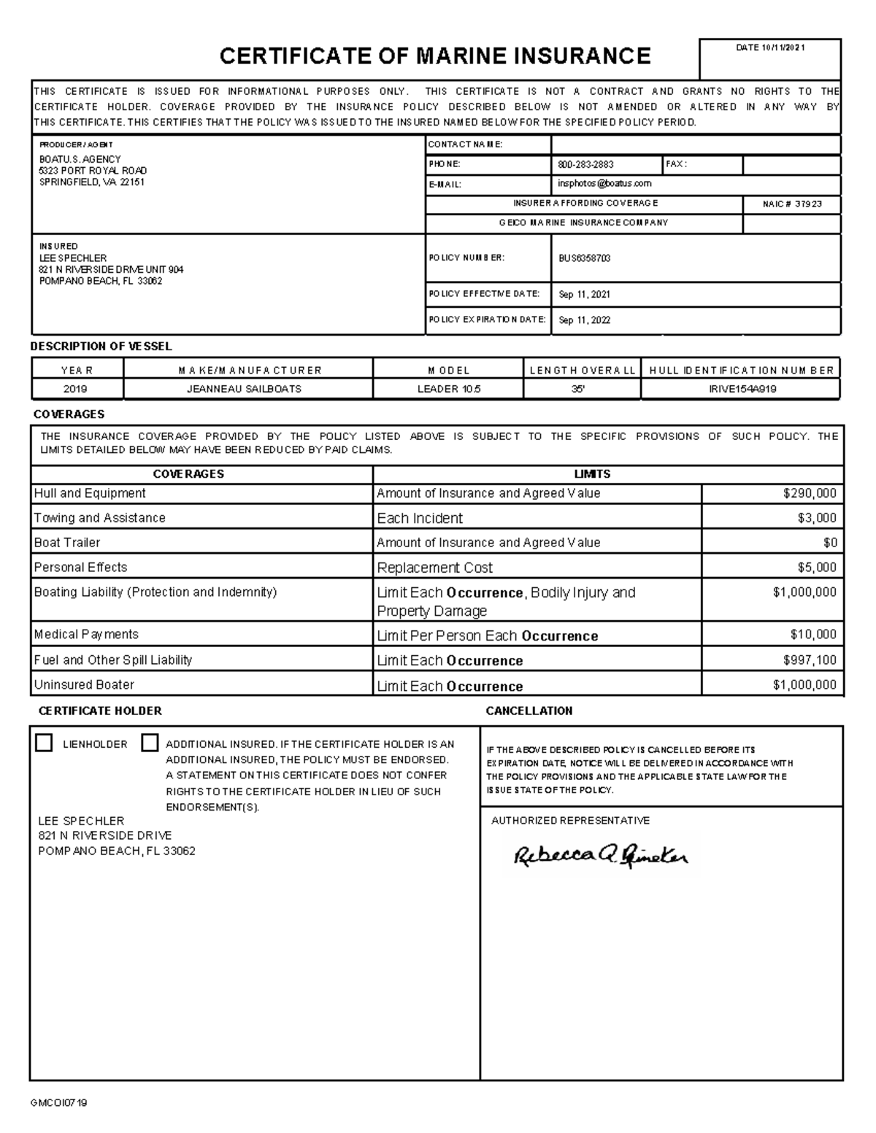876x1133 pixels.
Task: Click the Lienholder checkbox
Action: click(x=45, y=743)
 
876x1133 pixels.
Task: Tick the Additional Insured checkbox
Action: click(x=150, y=743)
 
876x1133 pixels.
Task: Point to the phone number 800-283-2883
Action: click(x=585, y=165)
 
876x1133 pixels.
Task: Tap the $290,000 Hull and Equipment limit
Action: click(x=810, y=493)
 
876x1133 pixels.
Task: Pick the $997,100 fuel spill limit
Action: click(x=810, y=660)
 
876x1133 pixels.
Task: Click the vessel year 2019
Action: click(x=75, y=389)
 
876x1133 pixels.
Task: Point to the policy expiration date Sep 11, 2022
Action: click(x=585, y=320)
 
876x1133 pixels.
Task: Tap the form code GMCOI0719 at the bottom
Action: click(x=58, y=1103)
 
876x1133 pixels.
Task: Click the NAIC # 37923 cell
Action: click(x=792, y=204)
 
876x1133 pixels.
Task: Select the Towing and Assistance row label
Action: click(x=100, y=518)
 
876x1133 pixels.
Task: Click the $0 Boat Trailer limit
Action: click(x=830, y=543)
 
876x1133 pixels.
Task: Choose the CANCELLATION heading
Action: click(x=529, y=711)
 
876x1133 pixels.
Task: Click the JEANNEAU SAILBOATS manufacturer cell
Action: click(x=244, y=389)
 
